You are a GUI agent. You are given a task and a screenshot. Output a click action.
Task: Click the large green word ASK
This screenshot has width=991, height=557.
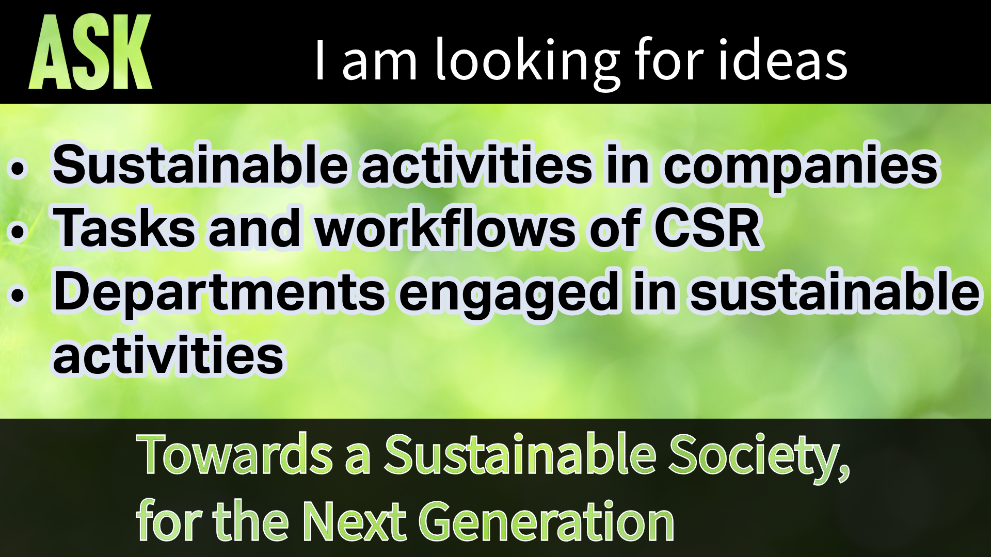(x=90, y=52)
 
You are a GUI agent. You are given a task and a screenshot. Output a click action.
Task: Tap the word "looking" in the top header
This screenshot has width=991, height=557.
(x=526, y=62)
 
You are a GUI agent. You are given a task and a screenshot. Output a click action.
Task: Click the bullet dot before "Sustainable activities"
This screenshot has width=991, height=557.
(x=18, y=169)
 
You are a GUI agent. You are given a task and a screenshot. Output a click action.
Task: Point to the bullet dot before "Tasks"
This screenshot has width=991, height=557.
(x=18, y=232)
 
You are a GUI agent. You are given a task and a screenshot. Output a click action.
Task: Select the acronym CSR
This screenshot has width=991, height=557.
(x=708, y=227)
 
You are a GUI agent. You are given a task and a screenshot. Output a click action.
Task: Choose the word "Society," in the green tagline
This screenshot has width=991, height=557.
(x=759, y=456)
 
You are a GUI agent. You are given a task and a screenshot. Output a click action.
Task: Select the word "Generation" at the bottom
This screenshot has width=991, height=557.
(x=550, y=520)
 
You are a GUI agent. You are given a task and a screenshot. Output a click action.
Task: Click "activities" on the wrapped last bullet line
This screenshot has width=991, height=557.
(x=169, y=355)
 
